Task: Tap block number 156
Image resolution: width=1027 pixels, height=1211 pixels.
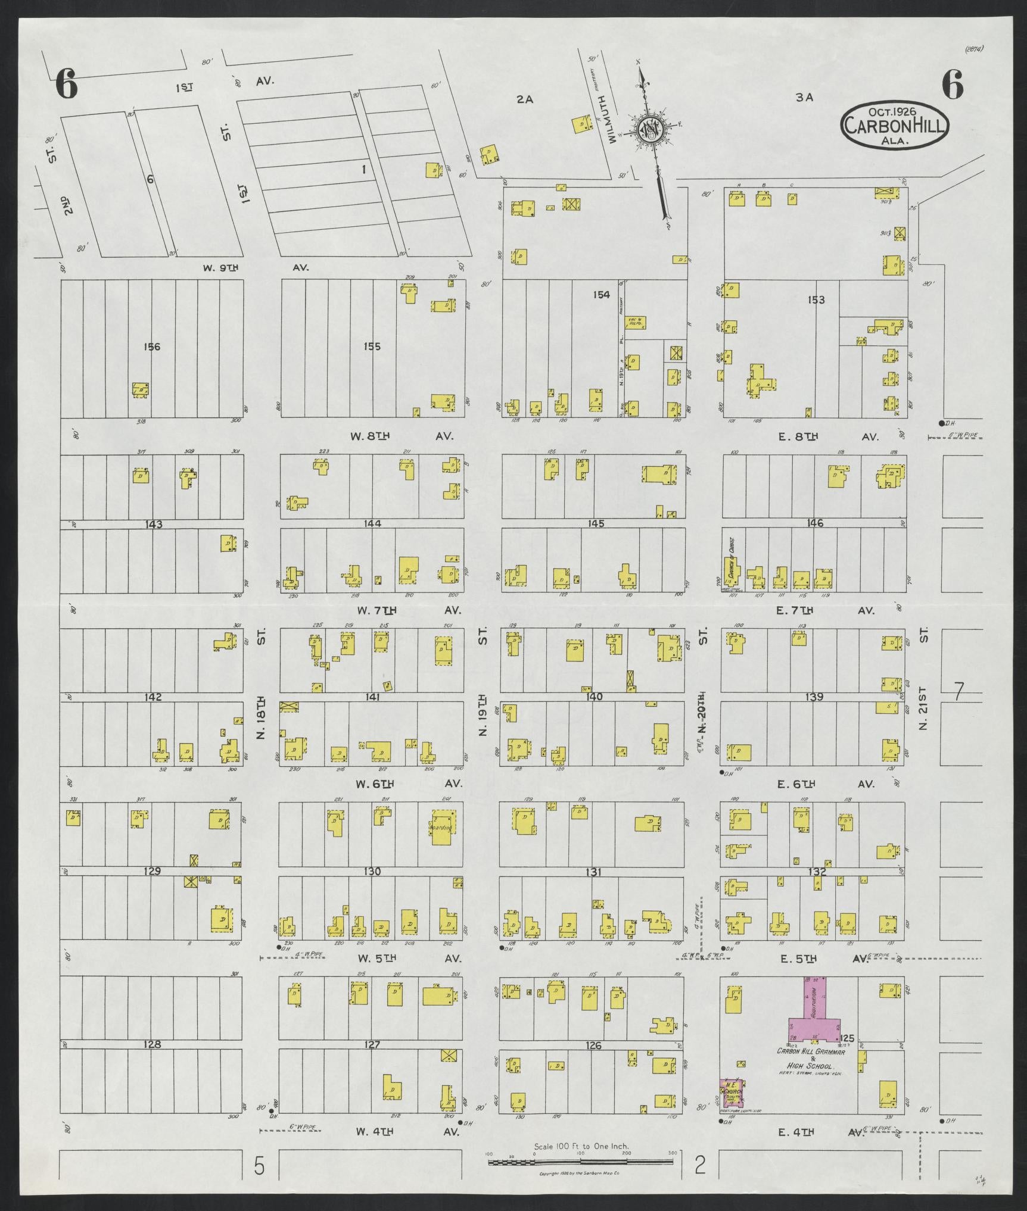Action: click(x=152, y=347)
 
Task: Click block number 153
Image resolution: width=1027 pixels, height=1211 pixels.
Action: click(x=816, y=299)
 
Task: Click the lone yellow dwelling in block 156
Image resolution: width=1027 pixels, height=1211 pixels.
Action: click(x=141, y=390)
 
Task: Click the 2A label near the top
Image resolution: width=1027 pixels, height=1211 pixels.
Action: click(x=524, y=100)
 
